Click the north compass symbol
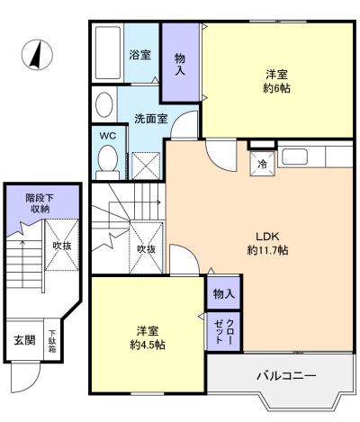pyautogui.click(x=37, y=55)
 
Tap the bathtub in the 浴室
pyautogui.click(x=108, y=52)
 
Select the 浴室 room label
pyautogui.click(x=139, y=55)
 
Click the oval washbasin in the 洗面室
pyautogui.click(x=104, y=104)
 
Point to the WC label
pyautogui.click(x=108, y=136)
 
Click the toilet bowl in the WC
pyautogui.click(x=108, y=158)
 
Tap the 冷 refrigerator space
pyautogui.click(x=263, y=164)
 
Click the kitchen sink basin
pyautogui.click(x=294, y=157)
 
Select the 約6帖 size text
pyautogui.click(x=276, y=88)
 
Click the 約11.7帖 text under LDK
pyautogui.click(x=267, y=250)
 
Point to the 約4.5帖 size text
pyautogui.click(x=148, y=345)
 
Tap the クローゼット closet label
pyautogui.click(x=224, y=331)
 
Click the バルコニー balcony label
pyautogui.click(x=286, y=375)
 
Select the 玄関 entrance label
pyautogui.click(x=24, y=340)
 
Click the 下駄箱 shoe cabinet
pyautogui.click(x=53, y=340)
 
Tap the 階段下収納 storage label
pyautogui.click(x=40, y=203)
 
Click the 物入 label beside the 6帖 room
pyautogui.click(x=180, y=64)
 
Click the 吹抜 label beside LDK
pyautogui.click(x=147, y=248)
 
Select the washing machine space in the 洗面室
pyautogui.click(x=146, y=166)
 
